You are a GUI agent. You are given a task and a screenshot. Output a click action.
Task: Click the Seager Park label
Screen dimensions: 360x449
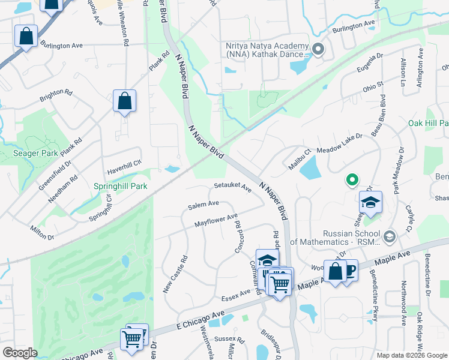click(35, 153)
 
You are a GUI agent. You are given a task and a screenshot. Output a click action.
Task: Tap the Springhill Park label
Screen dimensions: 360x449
click(120, 186)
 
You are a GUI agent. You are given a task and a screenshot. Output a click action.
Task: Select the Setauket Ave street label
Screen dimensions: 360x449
click(232, 187)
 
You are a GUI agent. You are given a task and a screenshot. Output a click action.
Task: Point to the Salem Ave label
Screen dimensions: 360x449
click(203, 205)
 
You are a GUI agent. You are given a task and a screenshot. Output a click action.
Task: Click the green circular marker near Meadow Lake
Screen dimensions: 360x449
click(352, 179)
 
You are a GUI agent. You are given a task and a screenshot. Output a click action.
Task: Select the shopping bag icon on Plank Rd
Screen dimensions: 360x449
click(124, 101)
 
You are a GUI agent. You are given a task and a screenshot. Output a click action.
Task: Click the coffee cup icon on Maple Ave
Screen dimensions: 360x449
click(349, 269)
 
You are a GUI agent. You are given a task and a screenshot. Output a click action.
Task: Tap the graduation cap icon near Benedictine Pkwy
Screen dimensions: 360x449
click(370, 203)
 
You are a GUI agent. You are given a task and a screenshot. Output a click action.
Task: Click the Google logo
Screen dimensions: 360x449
click(20, 353)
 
